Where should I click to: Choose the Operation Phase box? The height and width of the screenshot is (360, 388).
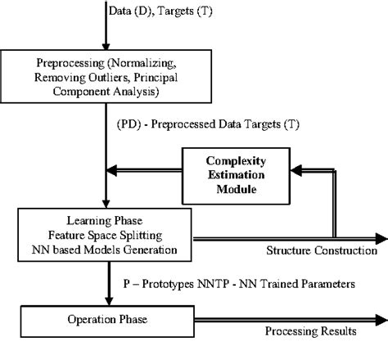pyautogui.click(x=111, y=321)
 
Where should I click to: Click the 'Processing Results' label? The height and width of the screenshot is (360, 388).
pyautogui.click(x=310, y=332)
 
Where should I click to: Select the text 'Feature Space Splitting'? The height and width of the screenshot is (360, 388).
pyautogui.click(x=110, y=233)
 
